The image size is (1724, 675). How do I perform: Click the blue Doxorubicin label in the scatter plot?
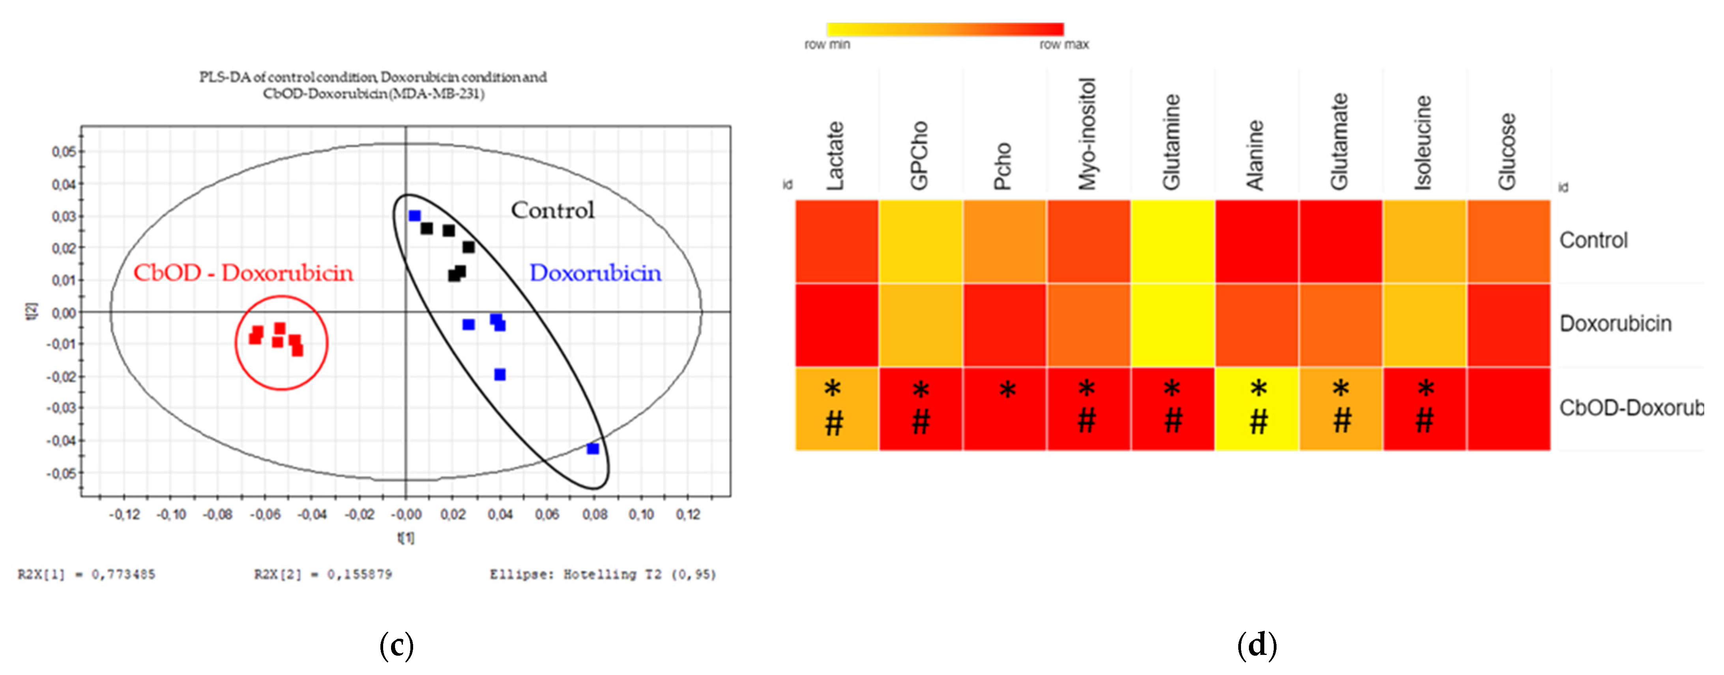click(595, 273)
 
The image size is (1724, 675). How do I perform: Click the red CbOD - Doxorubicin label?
click(243, 273)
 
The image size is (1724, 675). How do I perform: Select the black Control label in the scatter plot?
click(552, 210)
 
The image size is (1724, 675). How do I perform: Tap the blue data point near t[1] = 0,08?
click(592, 448)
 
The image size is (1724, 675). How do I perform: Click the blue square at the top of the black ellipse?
click(414, 215)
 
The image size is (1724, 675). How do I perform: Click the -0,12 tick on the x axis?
click(124, 515)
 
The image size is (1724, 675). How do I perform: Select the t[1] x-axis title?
click(406, 537)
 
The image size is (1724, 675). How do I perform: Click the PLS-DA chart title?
click(373, 85)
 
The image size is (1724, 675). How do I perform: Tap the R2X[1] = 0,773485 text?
click(86, 574)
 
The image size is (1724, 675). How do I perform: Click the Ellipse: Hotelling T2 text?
click(602, 574)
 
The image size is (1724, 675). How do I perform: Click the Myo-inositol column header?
click(1087, 134)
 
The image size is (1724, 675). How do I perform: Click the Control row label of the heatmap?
click(1593, 240)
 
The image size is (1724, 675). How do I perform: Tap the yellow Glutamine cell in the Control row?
click(1172, 241)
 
